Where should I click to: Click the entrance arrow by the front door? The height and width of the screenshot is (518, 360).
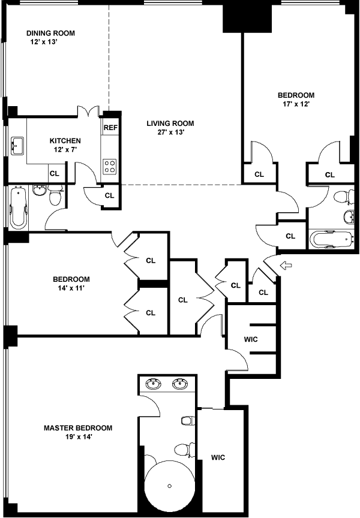click(286, 264)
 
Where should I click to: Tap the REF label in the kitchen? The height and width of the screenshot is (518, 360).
click(110, 128)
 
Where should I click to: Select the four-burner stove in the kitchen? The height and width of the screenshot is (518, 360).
click(110, 165)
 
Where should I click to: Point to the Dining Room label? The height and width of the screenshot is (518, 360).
click(51, 33)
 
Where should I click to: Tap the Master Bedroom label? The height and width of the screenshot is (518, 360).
click(78, 428)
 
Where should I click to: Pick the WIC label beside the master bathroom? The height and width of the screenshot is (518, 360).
click(217, 457)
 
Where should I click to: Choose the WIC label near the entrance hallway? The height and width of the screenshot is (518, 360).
click(251, 339)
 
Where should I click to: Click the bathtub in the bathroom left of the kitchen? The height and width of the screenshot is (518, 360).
click(17, 208)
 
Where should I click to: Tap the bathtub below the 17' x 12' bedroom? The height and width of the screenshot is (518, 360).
click(329, 239)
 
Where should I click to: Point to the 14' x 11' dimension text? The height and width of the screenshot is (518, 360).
click(71, 288)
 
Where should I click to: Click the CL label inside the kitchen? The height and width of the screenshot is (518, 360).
click(55, 174)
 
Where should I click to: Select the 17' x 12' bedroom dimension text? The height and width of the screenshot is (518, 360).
click(296, 104)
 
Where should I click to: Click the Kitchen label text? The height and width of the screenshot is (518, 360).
click(65, 141)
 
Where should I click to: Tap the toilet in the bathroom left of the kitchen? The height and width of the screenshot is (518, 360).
click(55, 197)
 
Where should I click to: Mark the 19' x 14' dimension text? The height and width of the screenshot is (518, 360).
click(78, 437)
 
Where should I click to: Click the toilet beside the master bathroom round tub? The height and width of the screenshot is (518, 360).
click(181, 448)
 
